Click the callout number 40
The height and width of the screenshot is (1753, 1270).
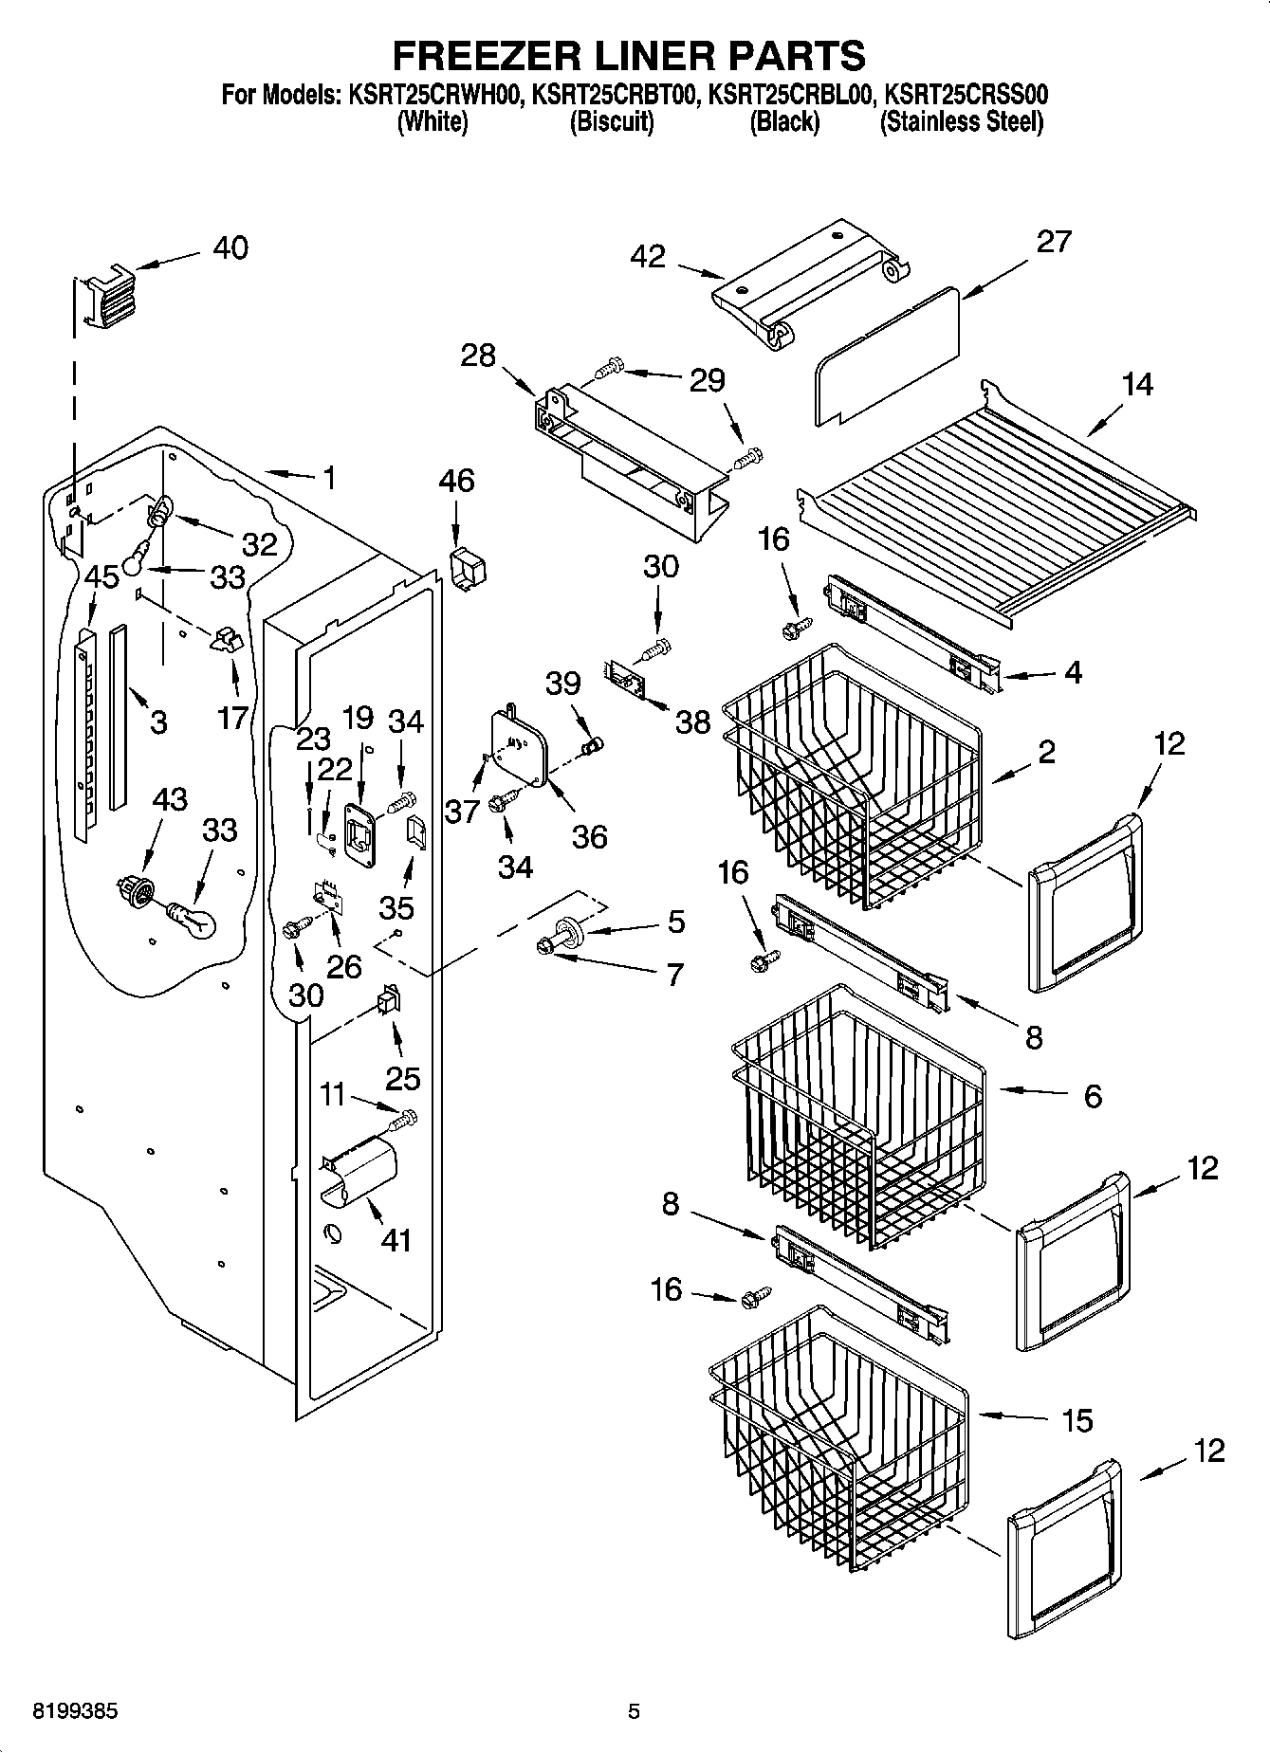[x=230, y=248]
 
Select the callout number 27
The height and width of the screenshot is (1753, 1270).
[x=1053, y=242]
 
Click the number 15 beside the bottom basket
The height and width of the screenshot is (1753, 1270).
[x=1077, y=1420]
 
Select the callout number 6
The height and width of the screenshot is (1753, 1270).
[x=1092, y=1097]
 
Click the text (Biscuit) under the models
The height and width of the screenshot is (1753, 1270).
[x=611, y=122]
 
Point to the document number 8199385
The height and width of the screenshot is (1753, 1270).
[x=63, y=1711]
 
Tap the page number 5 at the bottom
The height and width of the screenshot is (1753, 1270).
[x=634, y=1711]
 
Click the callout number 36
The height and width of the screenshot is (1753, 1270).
[x=589, y=836]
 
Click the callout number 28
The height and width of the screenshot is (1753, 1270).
[x=478, y=356]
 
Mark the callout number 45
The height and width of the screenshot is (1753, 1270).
[x=102, y=576]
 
